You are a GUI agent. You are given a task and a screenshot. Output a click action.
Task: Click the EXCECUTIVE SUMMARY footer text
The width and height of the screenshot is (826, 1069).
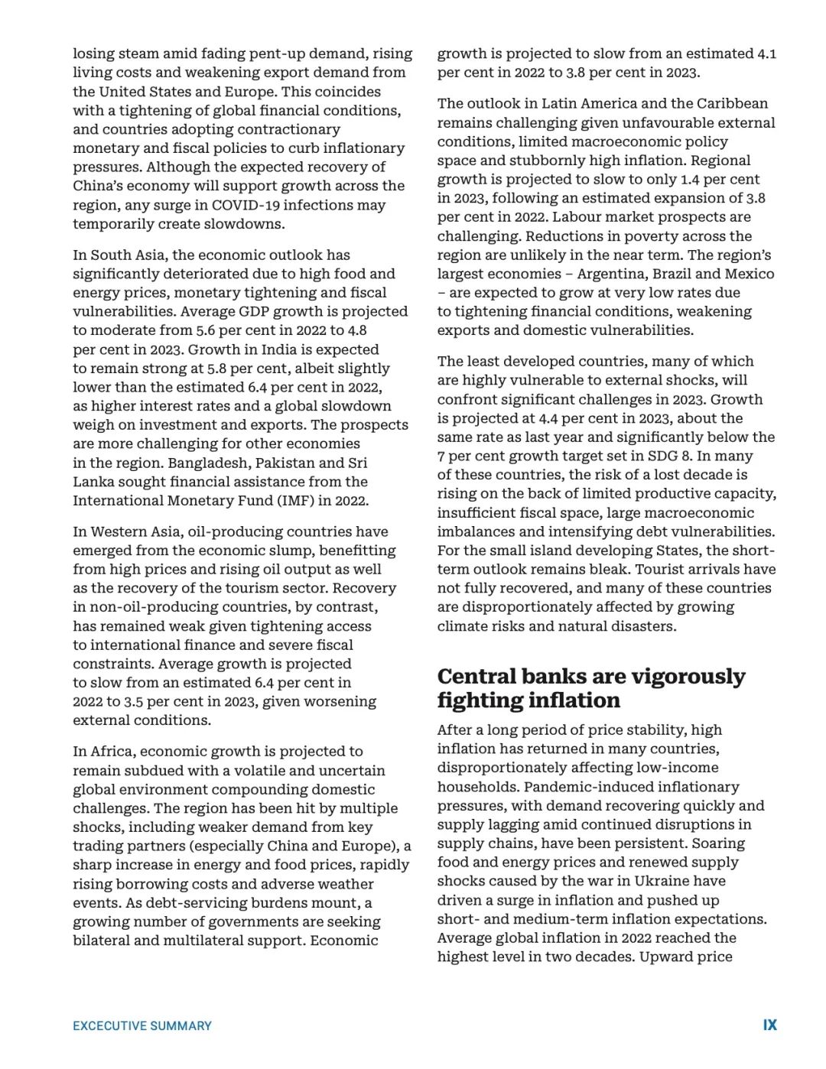coord(142,1025)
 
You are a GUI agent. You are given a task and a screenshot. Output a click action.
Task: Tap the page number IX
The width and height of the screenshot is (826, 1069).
coord(769,1025)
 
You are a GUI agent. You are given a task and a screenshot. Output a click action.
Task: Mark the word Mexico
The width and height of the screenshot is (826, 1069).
coord(748,274)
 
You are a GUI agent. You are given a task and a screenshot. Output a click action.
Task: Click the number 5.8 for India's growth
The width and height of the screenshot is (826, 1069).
coord(217,368)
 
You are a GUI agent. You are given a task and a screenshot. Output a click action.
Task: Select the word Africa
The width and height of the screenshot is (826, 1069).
coord(111,751)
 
